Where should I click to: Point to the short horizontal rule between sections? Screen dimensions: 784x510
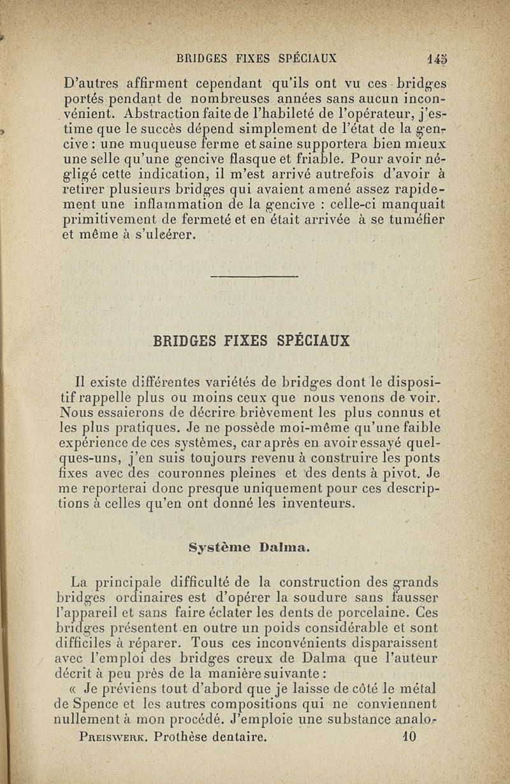point(254,276)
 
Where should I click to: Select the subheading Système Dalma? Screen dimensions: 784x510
point(249,546)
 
